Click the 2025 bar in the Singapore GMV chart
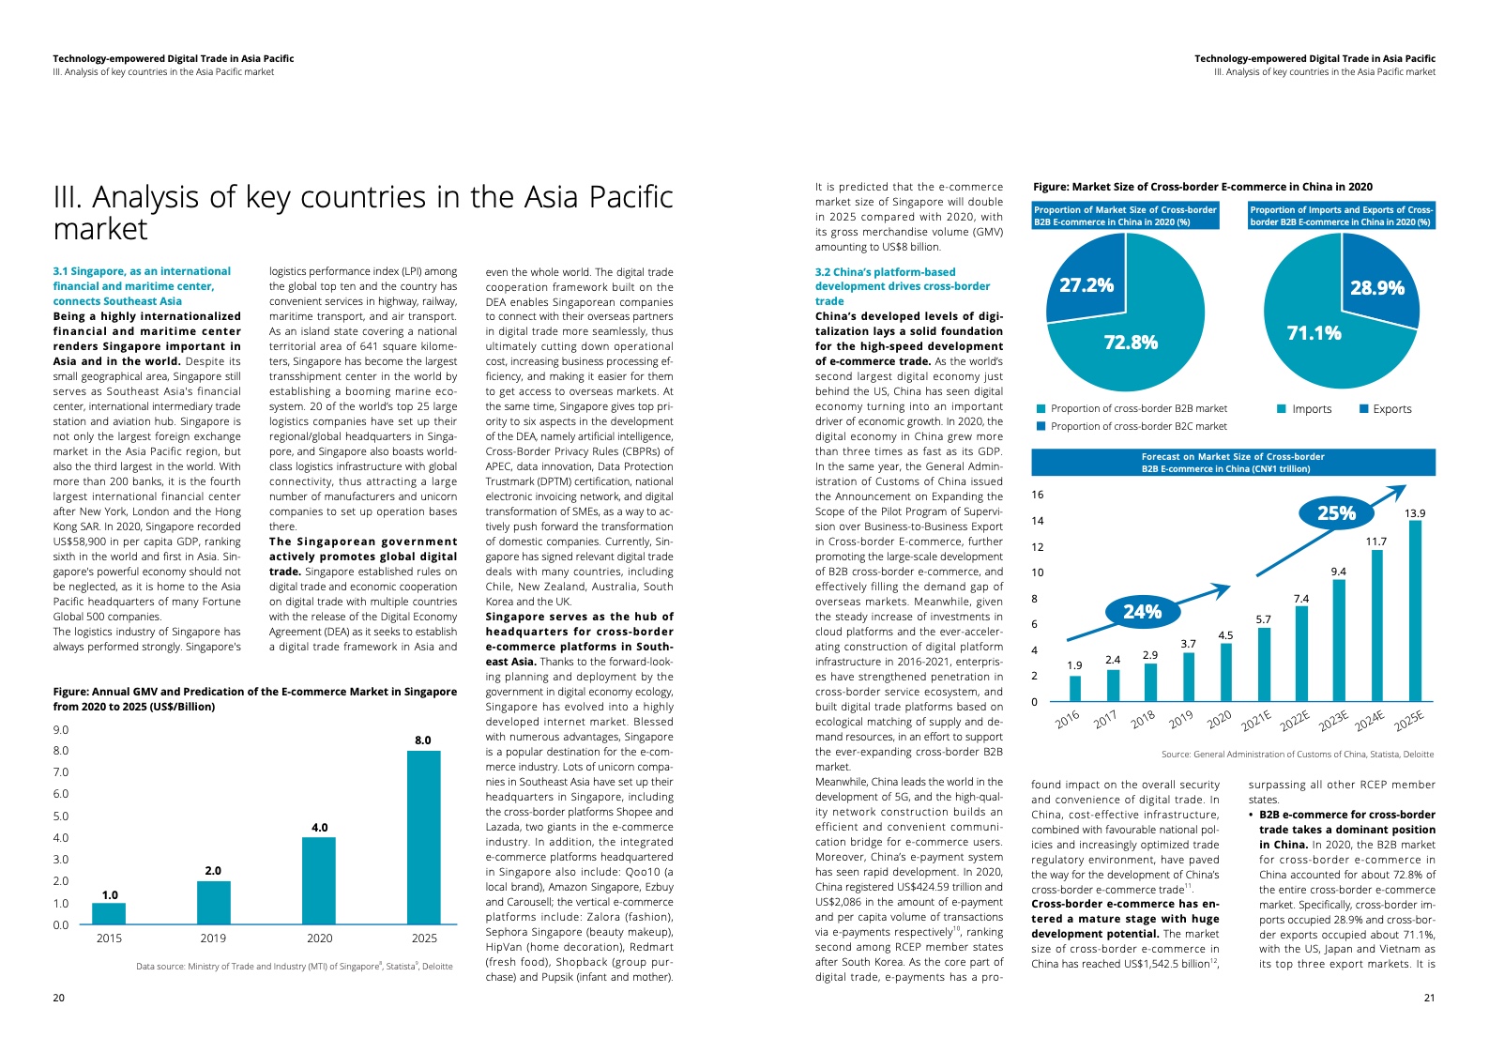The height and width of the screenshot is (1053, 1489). click(x=424, y=837)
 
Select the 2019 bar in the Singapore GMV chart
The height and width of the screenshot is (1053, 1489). click(x=214, y=903)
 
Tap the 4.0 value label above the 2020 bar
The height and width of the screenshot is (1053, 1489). click(x=320, y=828)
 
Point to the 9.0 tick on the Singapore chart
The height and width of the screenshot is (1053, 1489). click(x=61, y=730)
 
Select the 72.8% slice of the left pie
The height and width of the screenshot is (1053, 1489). click(x=1131, y=343)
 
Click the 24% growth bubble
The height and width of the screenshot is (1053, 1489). click(x=1142, y=612)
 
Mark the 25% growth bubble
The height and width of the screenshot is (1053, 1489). click(x=1336, y=513)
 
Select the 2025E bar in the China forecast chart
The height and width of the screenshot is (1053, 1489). click(x=1415, y=611)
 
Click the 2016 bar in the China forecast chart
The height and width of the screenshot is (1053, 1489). click(x=1075, y=689)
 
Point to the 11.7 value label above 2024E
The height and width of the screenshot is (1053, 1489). click(x=1376, y=542)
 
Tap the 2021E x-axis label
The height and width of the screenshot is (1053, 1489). click(x=1256, y=720)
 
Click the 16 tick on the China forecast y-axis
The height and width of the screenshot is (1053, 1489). click(x=1037, y=495)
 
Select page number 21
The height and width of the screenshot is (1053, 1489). click(x=1429, y=998)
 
